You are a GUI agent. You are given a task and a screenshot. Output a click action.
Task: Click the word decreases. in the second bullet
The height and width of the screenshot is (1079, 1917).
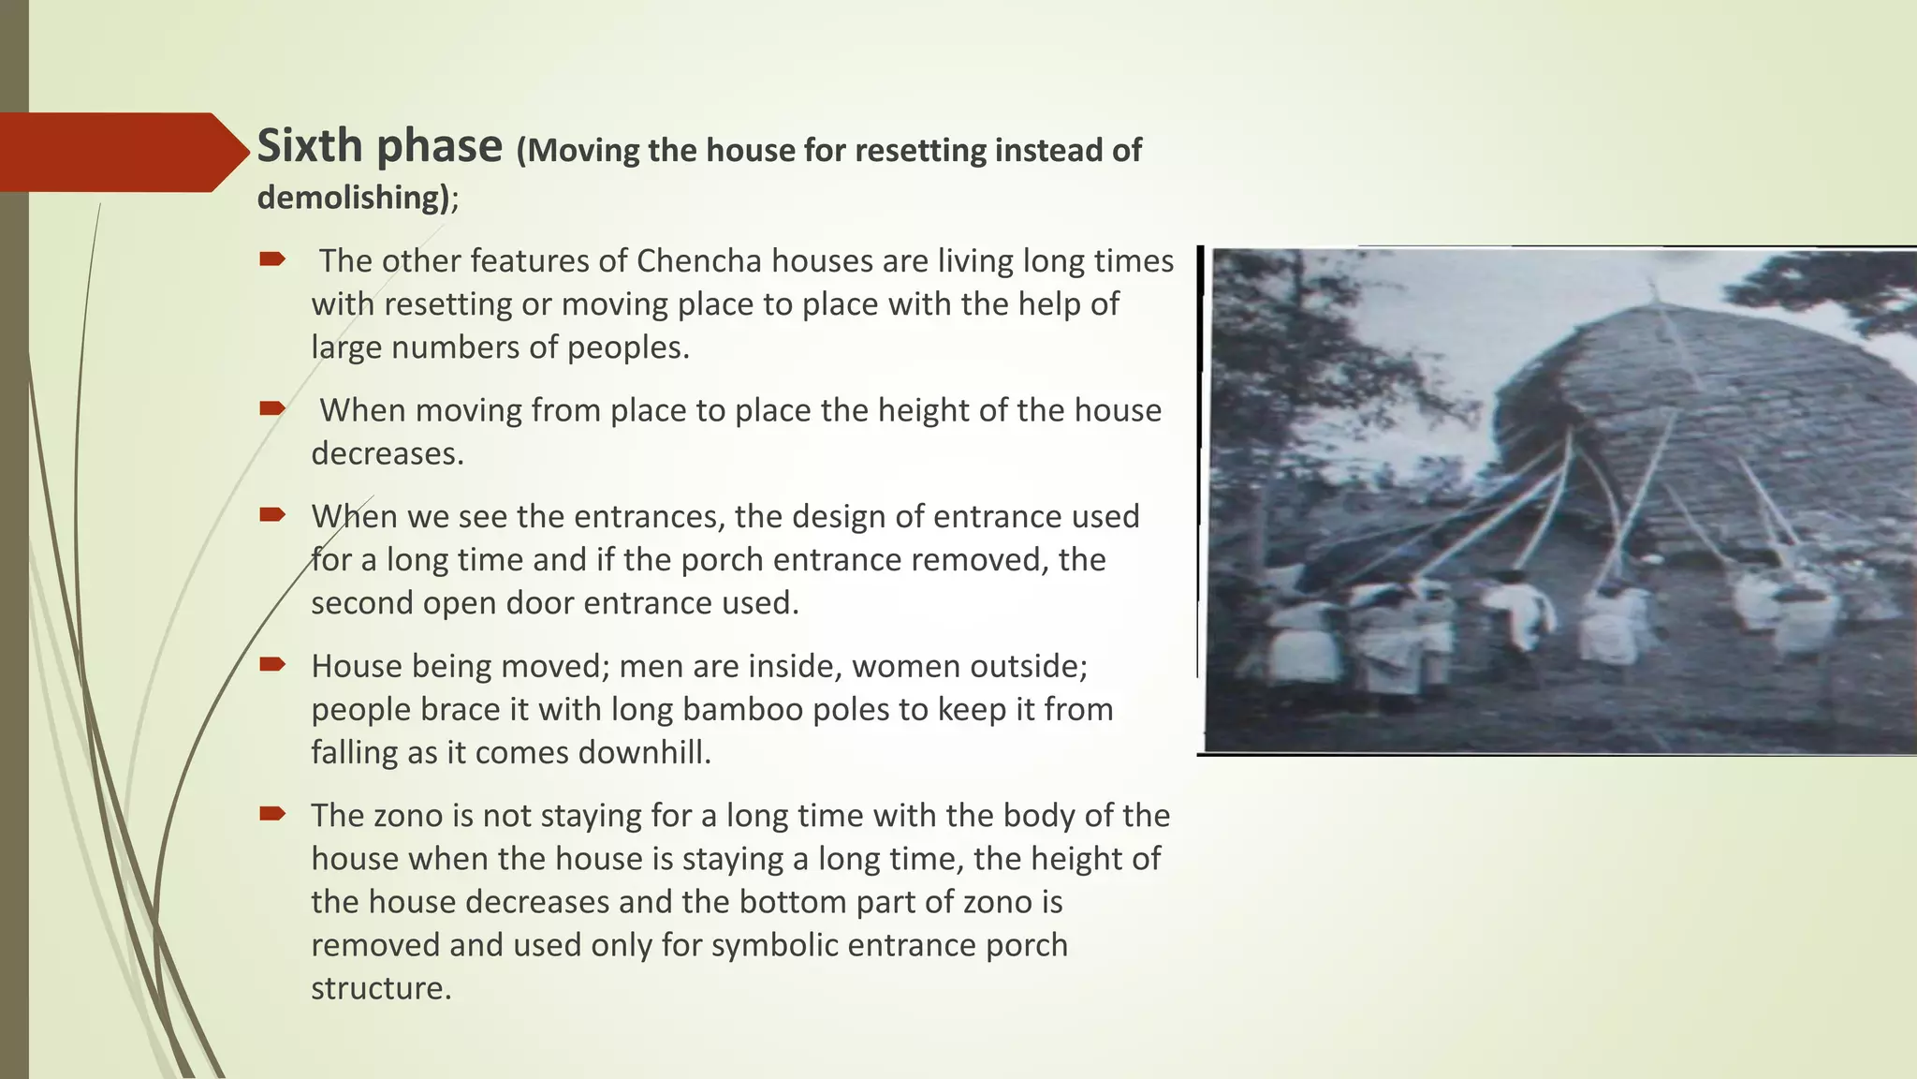pyautogui.click(x=388, y=453)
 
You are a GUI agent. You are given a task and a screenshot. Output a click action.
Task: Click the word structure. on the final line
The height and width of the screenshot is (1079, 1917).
pyautogui.click(x=381, y=988)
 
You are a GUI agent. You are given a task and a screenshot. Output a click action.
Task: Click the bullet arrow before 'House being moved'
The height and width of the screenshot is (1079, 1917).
pyautogui.click(x=272, y=665)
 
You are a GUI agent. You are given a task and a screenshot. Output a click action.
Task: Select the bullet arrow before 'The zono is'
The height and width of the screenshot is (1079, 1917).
pyautogui.click(x=272, y=814)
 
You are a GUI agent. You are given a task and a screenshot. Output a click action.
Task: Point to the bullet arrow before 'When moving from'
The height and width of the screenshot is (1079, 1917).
pyautogui.click(x=272, y=408)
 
